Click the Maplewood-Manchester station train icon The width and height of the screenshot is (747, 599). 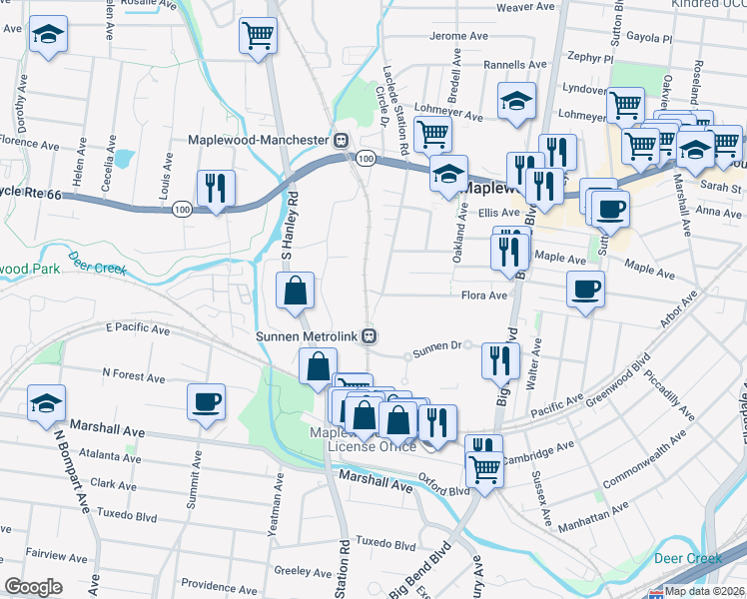(x=342, y=141)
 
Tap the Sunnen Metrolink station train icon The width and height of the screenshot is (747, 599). (x=370, y=335)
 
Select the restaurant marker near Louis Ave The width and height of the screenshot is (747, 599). (x=216, y=189)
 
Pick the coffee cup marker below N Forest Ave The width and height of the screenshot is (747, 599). (x=207, y=402)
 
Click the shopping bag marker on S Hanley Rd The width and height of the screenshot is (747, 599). (x=296, y=292)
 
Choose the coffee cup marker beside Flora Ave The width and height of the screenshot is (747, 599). (x=585, y=291)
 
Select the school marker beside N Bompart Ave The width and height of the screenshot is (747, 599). (x=46, y=404)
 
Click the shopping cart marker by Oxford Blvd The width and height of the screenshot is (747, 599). (x=485, y=466)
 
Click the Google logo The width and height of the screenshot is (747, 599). (x=32, y=587)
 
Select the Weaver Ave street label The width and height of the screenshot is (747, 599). (x=525, y=7)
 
